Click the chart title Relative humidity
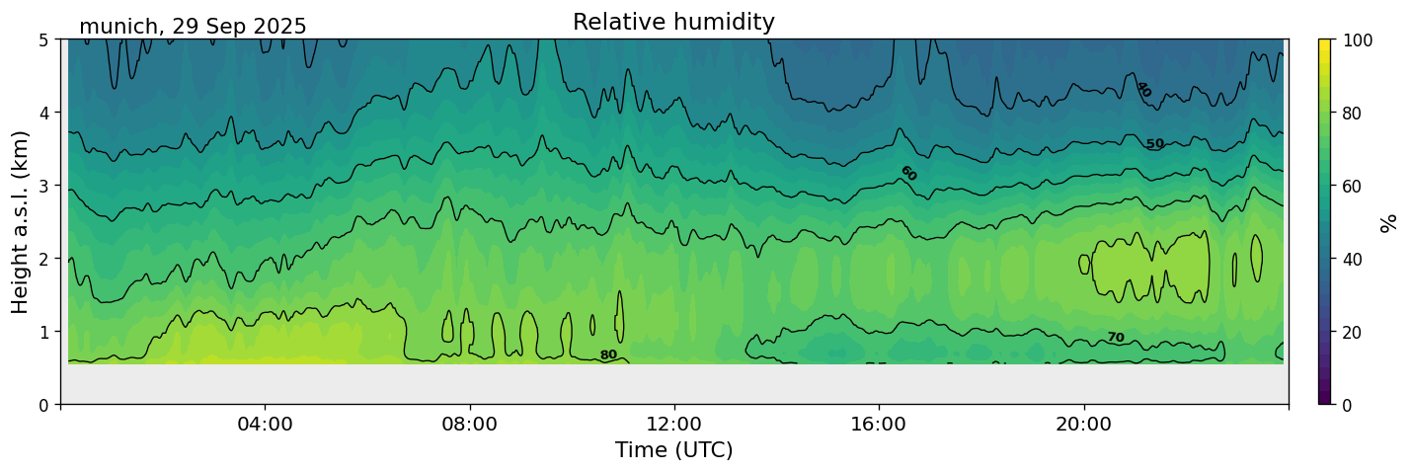pos(673,23)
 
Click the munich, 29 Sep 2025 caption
pos(193,27)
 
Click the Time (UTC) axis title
pos(673,451)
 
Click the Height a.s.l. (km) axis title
pos(21,222)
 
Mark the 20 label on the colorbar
pos(1355,332)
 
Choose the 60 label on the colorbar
pos(1355,186)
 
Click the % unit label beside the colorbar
pos(1389,222)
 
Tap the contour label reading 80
pos(608,355)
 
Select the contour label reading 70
pos(1116,338)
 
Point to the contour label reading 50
pos(1155,144)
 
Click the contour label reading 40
pos(1143,90)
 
